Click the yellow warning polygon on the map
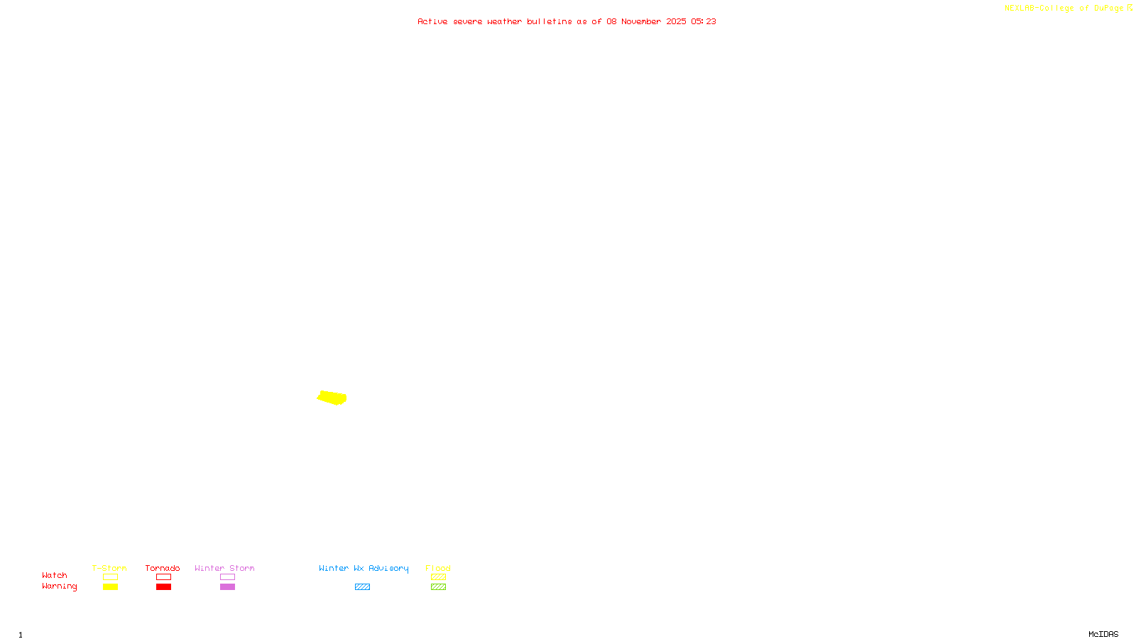[x=332, y=398]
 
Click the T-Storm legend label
[x=109, y=568]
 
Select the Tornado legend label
[x=163, y=568]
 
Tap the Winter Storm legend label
[x=224, y=568]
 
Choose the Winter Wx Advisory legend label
[x=364, y=568]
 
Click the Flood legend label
[x=438, y=568]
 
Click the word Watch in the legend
[x=55, y=575]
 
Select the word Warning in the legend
[x=60, y=586]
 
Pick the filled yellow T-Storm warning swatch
[x=110, y=587]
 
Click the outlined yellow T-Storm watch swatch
[x=110, y=577]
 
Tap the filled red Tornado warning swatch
[x=163, y=587]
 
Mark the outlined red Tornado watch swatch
[x=163, y=577]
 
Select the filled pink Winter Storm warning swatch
[x=227, y=587]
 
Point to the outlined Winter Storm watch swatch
[x=227, y=577]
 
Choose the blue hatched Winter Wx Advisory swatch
[x=362, y=587]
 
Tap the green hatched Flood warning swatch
[x=438, y=587]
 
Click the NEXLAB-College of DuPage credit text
[x=1064, y=8]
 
